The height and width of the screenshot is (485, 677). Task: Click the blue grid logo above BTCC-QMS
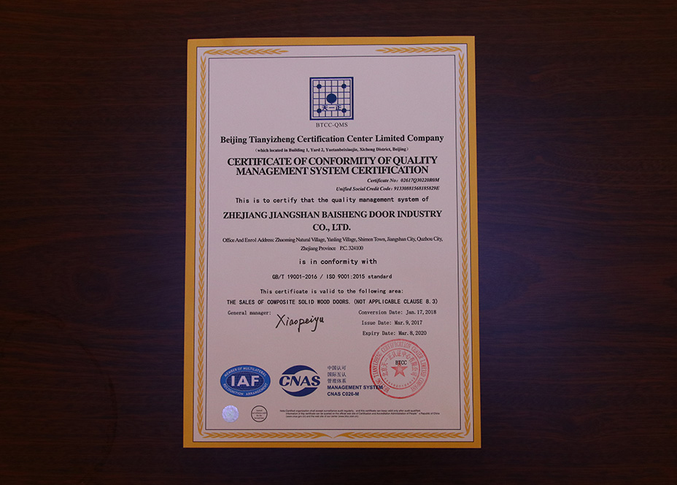point(331,98)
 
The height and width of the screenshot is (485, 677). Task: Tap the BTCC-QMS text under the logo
point(331,124)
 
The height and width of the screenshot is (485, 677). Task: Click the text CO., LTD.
point(332,227)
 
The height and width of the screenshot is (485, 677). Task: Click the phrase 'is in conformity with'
point(331,261)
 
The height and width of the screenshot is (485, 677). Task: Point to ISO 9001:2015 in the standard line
point(354,277)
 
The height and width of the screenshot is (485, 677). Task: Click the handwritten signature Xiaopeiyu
point(299,321)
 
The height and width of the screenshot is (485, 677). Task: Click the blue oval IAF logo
point(245,380)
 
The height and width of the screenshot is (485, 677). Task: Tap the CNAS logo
point(299,381)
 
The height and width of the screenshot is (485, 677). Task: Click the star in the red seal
point(399,370)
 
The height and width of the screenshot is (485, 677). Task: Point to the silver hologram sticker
point(231,413)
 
